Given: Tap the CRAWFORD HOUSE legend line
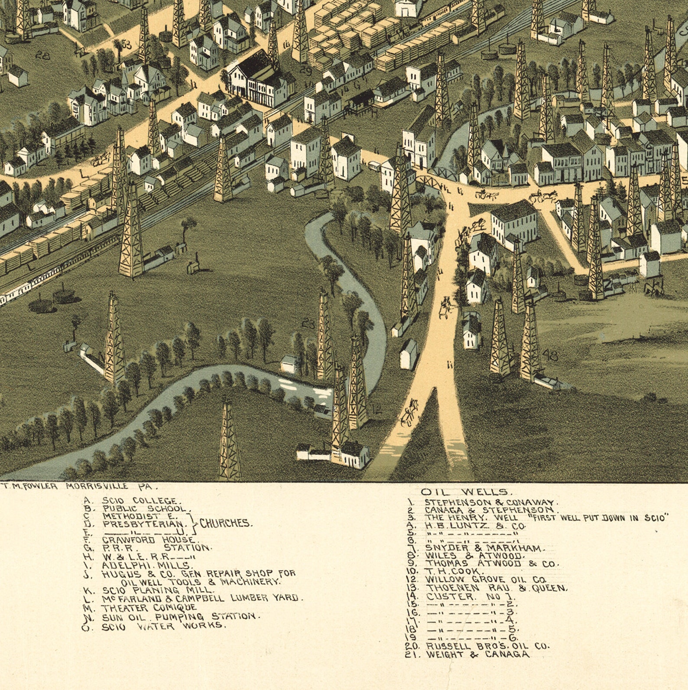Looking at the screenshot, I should (x=148, y=540).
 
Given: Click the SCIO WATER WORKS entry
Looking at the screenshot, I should (x=164, y=626).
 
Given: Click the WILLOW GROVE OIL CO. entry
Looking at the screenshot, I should (x=485, y=579).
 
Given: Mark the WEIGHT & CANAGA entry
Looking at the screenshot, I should (x=478, y=654).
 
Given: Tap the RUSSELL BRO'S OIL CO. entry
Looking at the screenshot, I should (x=487, y=646).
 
